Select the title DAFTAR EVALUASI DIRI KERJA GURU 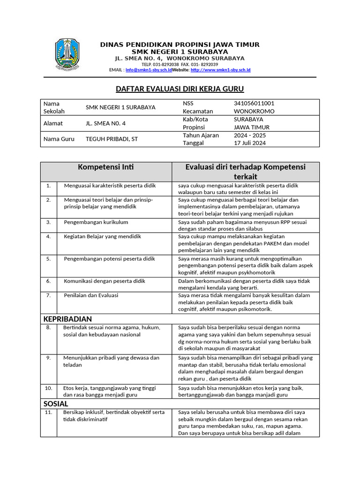point(180,89)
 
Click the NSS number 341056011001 point(254,103)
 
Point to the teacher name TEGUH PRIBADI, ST point(112,139)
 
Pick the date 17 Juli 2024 point(250,143)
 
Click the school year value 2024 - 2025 point(250,135)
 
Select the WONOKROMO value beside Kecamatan point(254,111)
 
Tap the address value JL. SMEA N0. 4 point(106,123)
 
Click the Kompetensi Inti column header point(106,167)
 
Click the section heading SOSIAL point(56,404)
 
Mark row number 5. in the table point(48,259)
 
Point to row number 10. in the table point(48,388)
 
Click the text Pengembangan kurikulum point(96,222)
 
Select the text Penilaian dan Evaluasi point(91,295)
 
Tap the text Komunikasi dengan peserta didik point(105,281)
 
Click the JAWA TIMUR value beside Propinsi point(252,127)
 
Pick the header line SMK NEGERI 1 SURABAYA point(180,52)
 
